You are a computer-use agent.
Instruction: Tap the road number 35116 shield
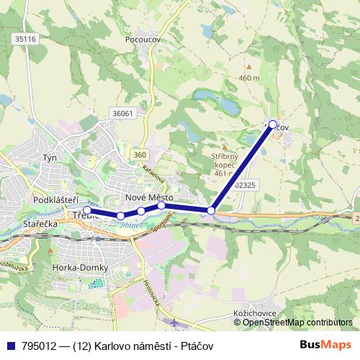pyautogui.click(x=26, y=39)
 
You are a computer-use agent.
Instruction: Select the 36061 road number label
pyautogui.click(x=124, y=113)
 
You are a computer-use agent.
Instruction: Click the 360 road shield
pyautogui.click(x=140, y=155)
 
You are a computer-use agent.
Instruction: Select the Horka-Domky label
pyautogui.click(x=80, y=268)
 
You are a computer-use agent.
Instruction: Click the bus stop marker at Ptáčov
pyautogui.click(x=273, y=124)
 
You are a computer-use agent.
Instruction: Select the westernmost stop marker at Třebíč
pyautogui.click(x=87, y=210)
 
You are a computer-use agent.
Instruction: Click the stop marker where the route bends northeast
pyautogui.click(x=211, y=210)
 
